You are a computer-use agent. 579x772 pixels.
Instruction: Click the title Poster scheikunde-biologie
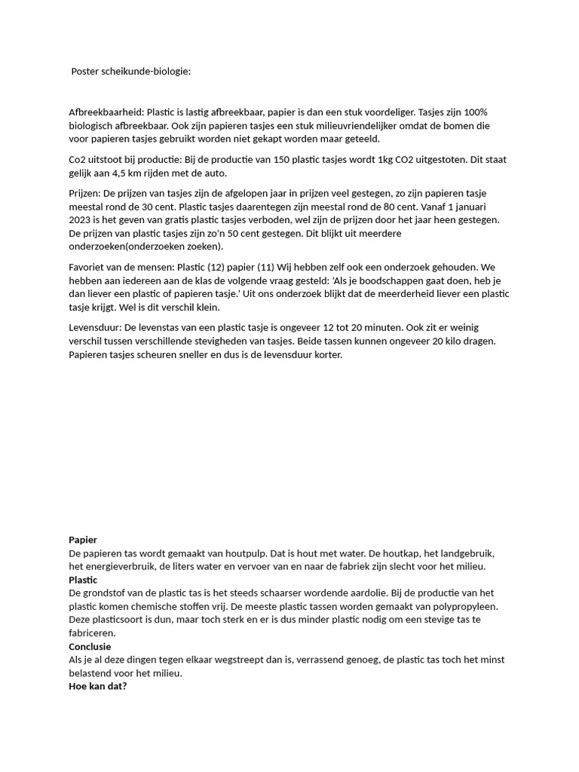tap(130, 72)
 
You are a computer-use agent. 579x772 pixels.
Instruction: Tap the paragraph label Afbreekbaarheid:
tap(106, 112)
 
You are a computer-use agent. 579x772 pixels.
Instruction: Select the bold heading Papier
tap(83, 540)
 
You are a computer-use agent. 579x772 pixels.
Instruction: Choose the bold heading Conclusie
tap(90, 647)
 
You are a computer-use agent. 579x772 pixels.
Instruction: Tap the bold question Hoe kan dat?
tap(98, 687)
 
